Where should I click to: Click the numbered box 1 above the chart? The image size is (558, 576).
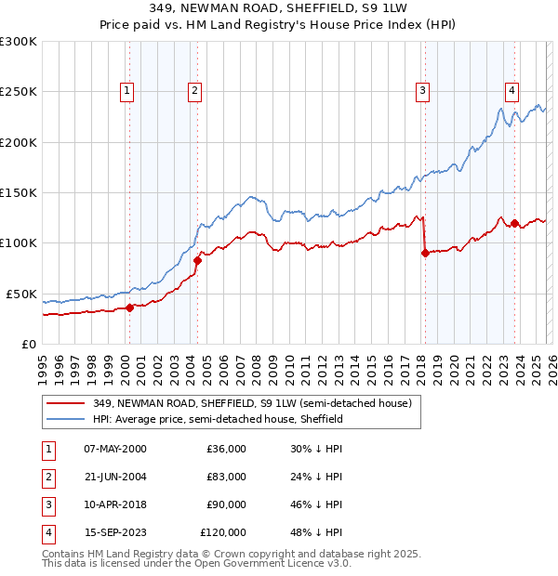pyautogui.click(x=126, y=90)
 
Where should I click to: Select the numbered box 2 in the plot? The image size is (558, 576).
pyautogui.click(x=194, y=90)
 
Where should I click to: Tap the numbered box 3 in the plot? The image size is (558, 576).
pyautogui.click(x=422, y=90)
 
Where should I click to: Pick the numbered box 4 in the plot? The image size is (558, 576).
pyautogui.click(x=511, y=90)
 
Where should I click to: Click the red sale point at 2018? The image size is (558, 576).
pyautogui.click(x=425, y=253)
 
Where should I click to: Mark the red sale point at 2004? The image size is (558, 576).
pyautogui.click(x=197, y=261)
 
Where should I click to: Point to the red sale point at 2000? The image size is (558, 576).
pyautogui.click(x=129, y=308)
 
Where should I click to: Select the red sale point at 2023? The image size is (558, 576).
pyautogui.click(x=514, y=223)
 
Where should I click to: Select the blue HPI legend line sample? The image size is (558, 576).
pyautogui.click(x=66, y=419)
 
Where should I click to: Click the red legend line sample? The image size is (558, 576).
pyautogui.click(x=66, y=403)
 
